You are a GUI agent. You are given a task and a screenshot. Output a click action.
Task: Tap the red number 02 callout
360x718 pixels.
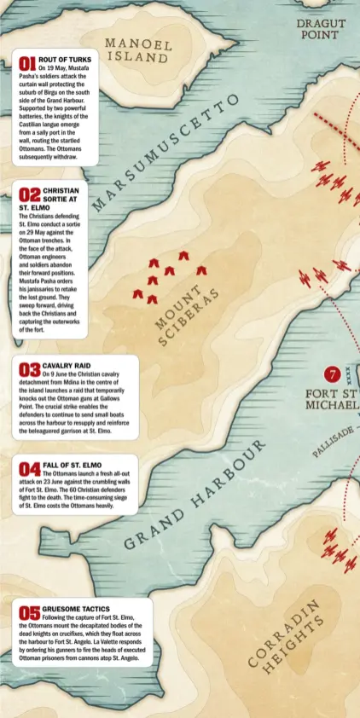pos(29,195)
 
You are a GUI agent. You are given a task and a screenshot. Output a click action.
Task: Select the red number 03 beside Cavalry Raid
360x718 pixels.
pos(30,369)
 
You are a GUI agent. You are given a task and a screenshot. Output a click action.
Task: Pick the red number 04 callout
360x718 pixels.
pos(30,468)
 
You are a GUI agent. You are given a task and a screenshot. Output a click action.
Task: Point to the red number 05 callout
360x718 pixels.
pos(30,612)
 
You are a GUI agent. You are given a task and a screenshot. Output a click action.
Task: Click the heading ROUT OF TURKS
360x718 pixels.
pos(65,60)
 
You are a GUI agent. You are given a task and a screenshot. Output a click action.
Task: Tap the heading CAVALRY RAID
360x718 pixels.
pos(66,365)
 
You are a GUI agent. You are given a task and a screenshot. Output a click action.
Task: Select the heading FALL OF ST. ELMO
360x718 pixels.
pos(72,465)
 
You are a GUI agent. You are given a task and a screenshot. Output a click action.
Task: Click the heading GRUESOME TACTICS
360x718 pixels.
pos(76,609)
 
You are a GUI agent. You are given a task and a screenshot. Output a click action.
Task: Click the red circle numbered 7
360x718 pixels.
pos(332,373)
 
